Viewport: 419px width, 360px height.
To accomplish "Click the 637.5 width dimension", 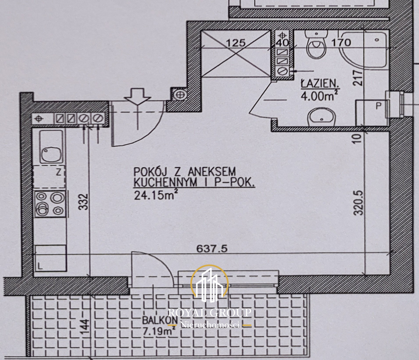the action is pyautogui.click(x=212, y=249).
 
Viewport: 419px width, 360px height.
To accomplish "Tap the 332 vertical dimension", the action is pyautogui.click(x=85, y=202).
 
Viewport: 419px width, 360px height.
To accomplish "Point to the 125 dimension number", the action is pyautogui.click(x=236, y=43).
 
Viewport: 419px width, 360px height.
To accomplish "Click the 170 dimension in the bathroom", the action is pyautogui.click(x=341, y=43).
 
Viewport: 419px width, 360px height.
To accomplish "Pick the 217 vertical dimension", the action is pyautogui.click(x=358, y=78).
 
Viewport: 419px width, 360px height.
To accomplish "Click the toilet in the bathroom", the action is pyautogui.click(x=316, y=45).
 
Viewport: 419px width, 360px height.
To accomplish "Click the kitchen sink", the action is pyautogui.click(x=52, y=147).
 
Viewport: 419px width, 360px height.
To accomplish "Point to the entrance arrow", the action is pyautogui.click(x=138, y=96).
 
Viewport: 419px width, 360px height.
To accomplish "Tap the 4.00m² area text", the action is pyautogui.click(x=317, y=96).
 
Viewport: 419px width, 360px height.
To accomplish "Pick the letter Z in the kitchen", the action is pyautogui.click(x=58, y=172).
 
